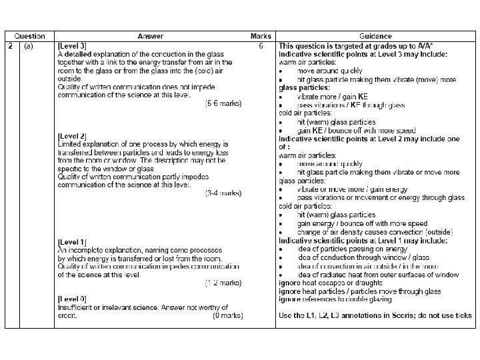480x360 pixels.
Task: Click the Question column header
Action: [30, 36]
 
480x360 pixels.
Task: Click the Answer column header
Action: [150, 36]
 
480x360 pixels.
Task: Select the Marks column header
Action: [260, 36]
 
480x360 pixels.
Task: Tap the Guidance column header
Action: [376, 36]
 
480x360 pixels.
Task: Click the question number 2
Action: [11, 45]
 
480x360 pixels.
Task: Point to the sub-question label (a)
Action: [29, 45]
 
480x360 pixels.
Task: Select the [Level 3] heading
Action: [73, 45]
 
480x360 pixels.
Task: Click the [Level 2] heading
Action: [73, 136]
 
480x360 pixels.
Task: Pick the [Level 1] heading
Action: [73, 241]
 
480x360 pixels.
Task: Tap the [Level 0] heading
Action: [73, 299]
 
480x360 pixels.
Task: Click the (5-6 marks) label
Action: [223, 103]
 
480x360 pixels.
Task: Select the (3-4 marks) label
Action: [223, 193]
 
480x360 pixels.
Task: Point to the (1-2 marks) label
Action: [223, 283]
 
